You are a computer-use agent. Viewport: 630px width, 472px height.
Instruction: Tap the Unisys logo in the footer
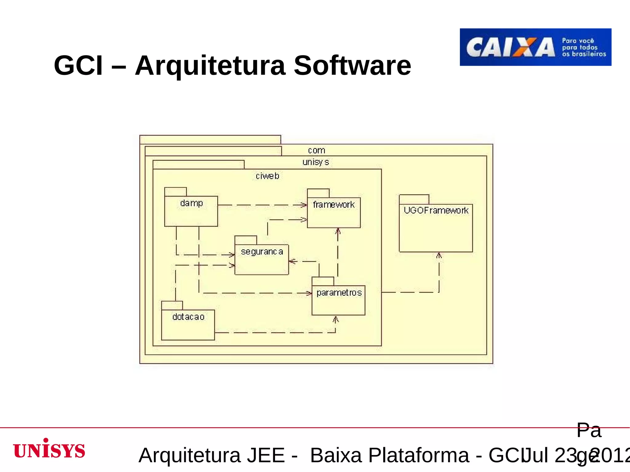(49, 449)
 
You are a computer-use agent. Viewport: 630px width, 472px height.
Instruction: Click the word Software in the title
(352, 65)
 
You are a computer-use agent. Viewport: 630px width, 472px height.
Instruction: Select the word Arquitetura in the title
(210, 65)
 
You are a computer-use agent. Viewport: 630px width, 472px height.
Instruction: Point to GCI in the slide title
(78, 65)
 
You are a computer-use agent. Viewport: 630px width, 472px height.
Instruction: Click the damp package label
(191, 203)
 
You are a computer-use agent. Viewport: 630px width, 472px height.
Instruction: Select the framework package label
(334, 205)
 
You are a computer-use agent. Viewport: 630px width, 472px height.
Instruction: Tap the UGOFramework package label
(436, 210)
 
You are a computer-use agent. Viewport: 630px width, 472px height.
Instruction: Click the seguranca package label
(262, 252)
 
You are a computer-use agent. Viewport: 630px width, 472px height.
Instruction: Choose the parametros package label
(339, 293)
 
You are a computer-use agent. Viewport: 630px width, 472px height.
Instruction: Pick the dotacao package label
(188, 317)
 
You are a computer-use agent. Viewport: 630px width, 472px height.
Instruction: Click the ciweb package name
(267, 176)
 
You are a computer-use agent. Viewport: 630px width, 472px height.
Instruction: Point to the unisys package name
(316, 162)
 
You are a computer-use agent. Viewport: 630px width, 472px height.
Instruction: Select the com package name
(316, 150)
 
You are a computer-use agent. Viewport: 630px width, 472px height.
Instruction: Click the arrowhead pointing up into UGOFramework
(439, 255)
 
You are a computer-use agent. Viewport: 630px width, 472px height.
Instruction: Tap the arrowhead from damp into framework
(304, 205)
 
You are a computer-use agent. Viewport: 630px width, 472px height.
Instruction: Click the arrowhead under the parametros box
(336, 320)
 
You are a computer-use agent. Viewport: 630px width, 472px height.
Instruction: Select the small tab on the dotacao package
(172, 305)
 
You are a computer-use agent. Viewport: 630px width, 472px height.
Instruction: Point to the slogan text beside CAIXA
(584, 47)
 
